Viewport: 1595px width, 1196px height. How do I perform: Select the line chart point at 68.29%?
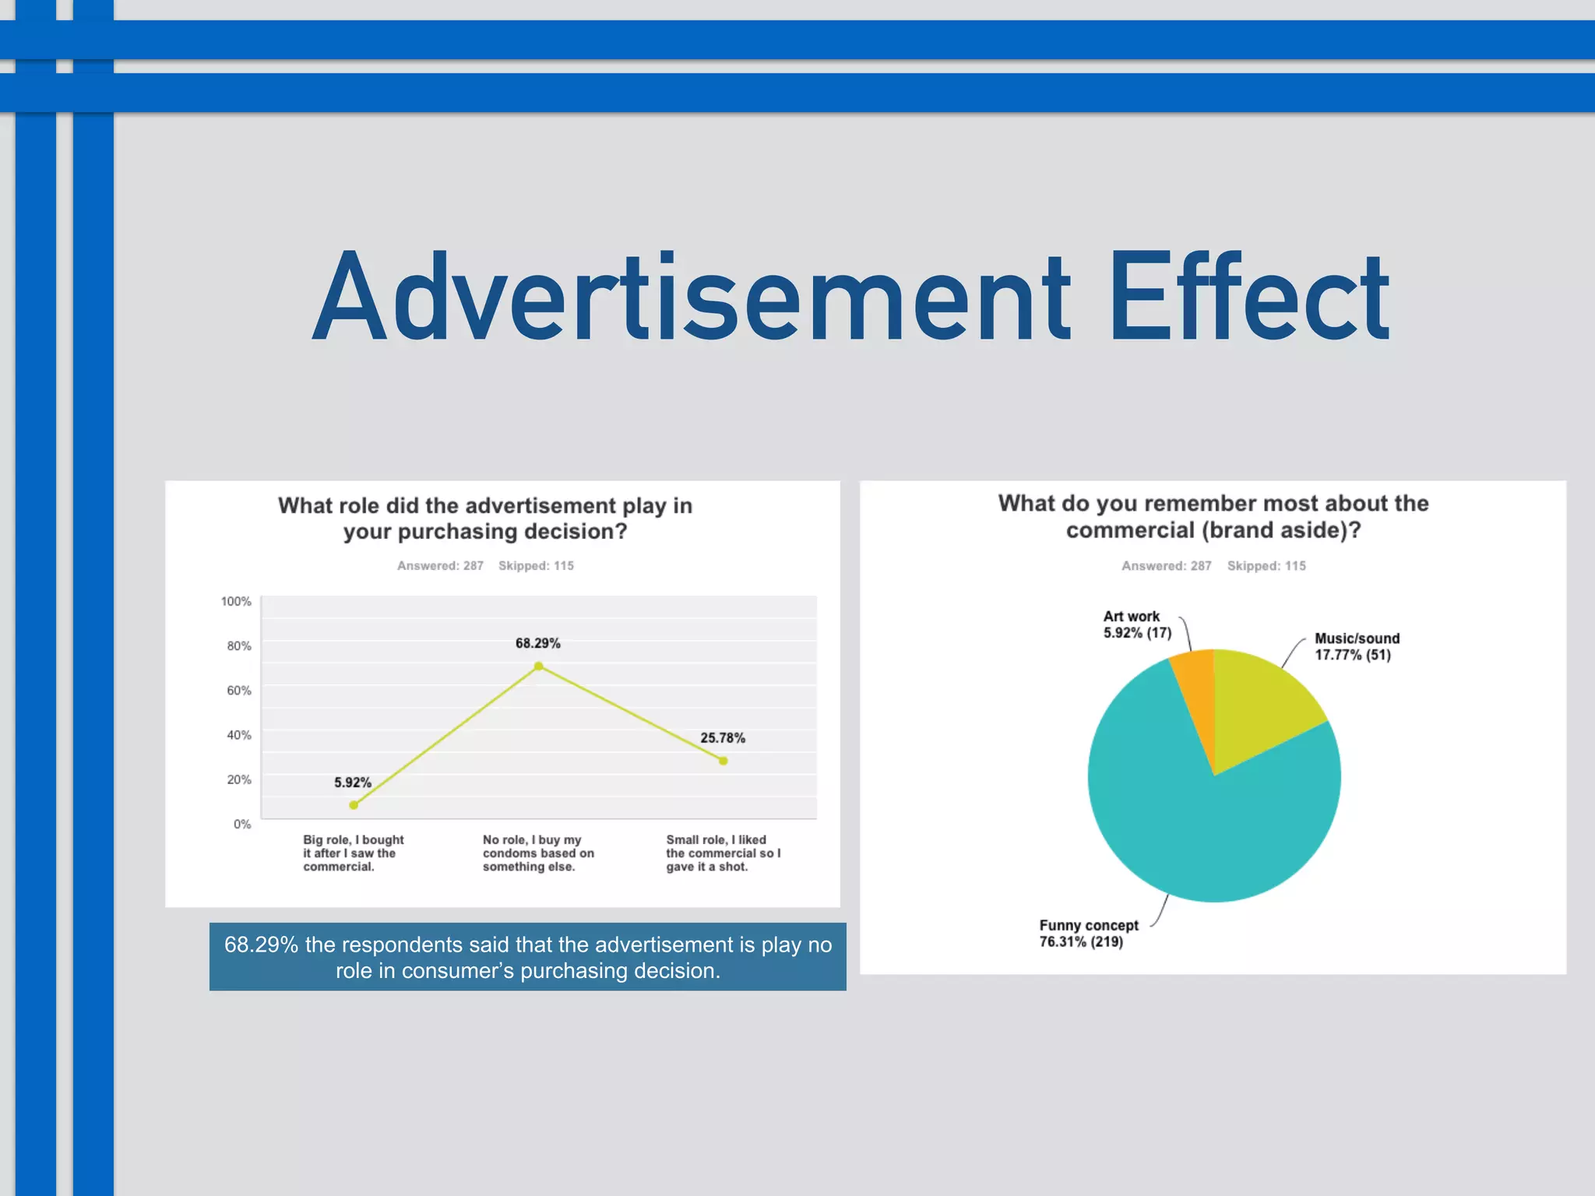(x=538, y=667)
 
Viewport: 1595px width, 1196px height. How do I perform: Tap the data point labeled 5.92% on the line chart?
(x=354, y=805)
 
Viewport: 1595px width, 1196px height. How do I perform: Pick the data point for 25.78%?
(x=724, y=761)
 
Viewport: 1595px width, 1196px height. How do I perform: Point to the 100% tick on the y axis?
(x=236, y=601)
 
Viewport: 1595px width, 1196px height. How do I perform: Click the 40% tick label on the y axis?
(x=238, y=735)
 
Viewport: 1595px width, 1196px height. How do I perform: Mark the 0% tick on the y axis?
(x=242, y=824)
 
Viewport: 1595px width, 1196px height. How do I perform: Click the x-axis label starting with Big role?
(x=353, y=853)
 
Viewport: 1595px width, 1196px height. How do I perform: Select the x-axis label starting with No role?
(x=537, y=853)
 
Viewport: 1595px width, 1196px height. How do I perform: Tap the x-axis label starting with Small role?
(x=722, y=853)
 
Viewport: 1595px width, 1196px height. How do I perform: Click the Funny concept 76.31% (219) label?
(x=1088, y=934)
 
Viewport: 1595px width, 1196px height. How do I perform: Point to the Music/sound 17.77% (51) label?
(x=1356, y=646)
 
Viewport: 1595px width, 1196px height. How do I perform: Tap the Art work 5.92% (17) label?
(x=1136, y=624)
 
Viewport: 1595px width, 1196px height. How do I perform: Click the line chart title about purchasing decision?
(x=485, y=519)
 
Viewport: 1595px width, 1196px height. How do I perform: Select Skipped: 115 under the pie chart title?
(x=1266, y=566)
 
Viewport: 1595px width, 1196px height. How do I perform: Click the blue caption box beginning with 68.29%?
(x=527, y=957)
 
